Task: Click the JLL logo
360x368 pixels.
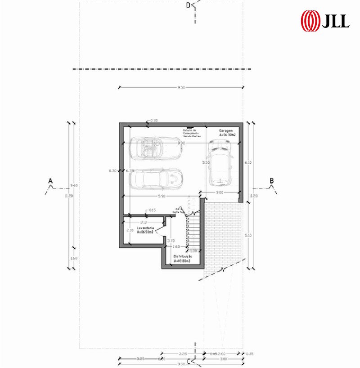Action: coord(325,20)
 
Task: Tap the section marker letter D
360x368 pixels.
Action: coord(189,5)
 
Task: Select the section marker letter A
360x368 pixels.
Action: coord(51,181)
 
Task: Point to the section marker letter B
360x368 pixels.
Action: coord(272,181)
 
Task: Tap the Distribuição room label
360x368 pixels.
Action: coord(182,258)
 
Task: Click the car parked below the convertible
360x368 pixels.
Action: coord(157,179)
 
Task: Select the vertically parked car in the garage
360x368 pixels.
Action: coord(220,162)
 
